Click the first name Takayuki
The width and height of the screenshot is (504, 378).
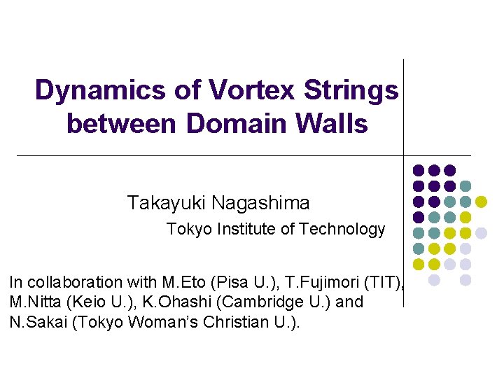pyautogui.click(x=167, y=204)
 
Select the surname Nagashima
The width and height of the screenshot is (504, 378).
pyautogui.click(x=260, y=204)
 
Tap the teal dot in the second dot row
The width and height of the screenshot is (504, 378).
pyautogui.click(x=465, y=186)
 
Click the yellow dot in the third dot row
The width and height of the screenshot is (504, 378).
pyautogui.click(x=481, y=202)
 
